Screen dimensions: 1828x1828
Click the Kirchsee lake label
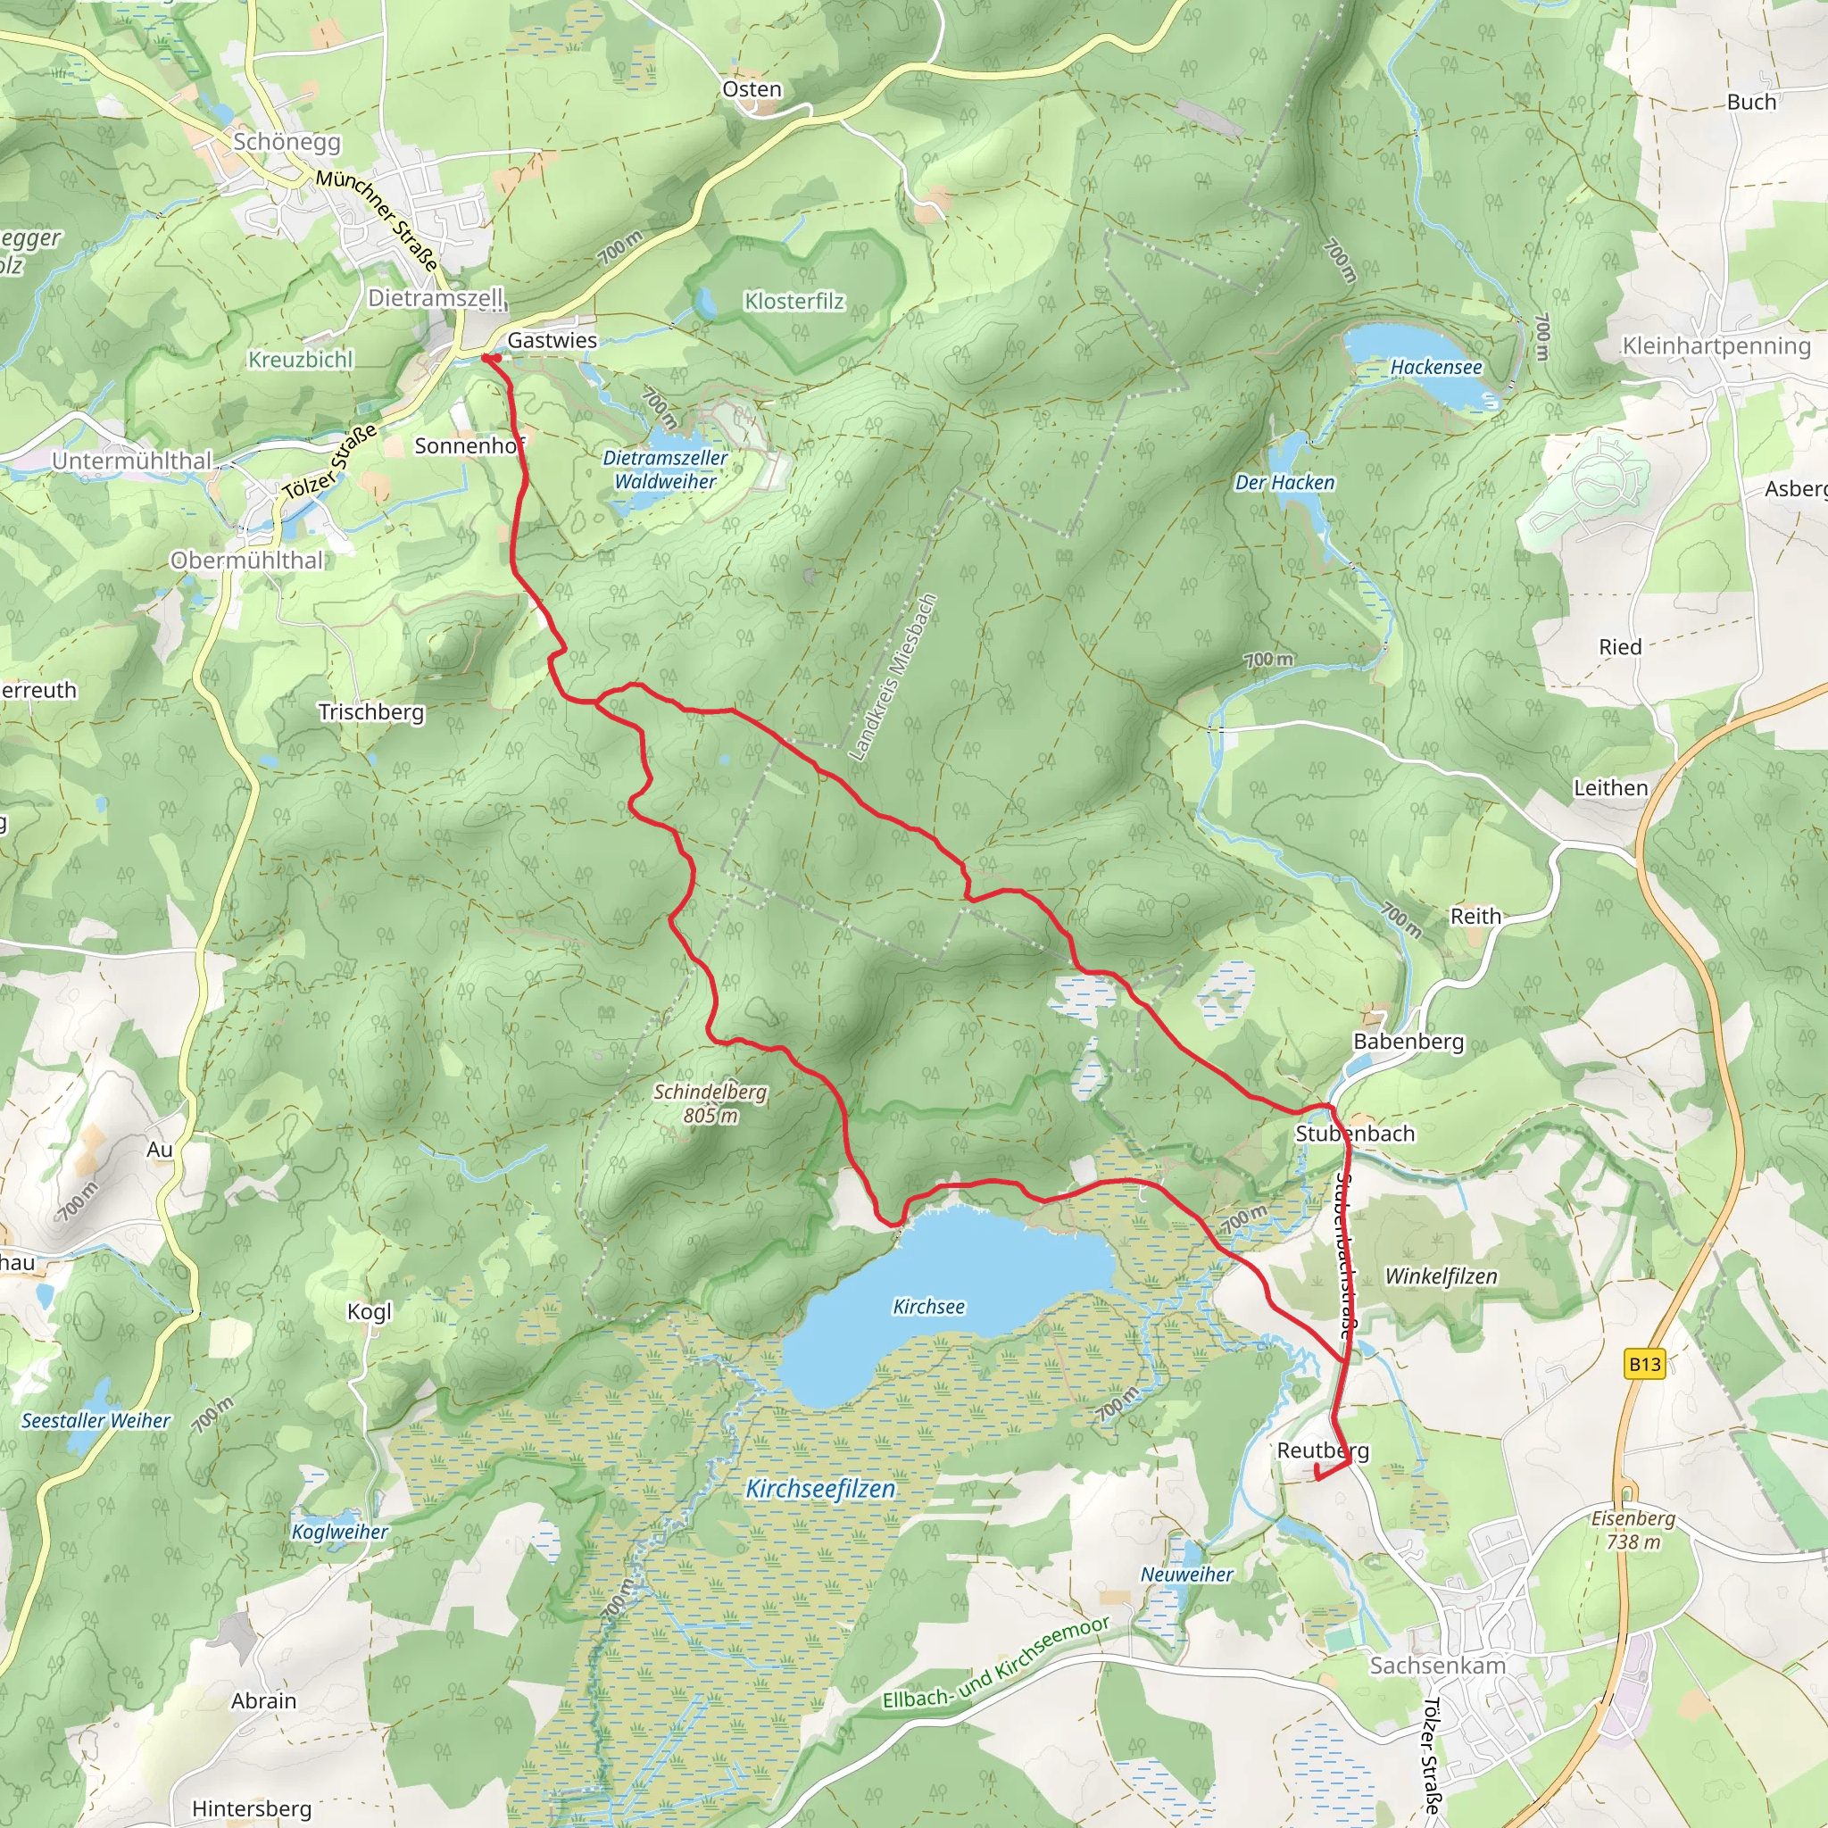tap(928, 1307)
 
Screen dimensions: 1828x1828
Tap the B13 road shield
tap(1644, 1364)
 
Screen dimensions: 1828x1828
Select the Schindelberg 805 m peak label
tap(710, 1103)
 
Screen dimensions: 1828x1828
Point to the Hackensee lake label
tap(1435, 367)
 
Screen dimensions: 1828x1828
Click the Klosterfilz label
tap(794, 301)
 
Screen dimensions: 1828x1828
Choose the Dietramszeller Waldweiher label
tap(665, 469)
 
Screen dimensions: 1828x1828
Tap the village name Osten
tap(752, 89)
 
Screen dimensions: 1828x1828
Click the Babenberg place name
tap(1408, 1042)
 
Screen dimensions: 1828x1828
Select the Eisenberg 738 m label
tap(1633, 1530)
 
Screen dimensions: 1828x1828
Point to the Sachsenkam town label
tap(1436, 1666)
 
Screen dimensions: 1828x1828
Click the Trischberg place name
tap(371, 711)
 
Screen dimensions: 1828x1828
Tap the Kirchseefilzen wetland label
tap(820, 1490)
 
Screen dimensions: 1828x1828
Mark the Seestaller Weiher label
tap(96, 1420)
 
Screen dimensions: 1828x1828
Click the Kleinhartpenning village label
tap(1716, 345)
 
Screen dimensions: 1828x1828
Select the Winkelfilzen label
tap(1440, 1276)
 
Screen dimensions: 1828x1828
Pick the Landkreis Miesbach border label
tap(892, 677)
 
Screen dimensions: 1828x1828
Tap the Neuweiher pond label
tap(1186, 1575)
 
